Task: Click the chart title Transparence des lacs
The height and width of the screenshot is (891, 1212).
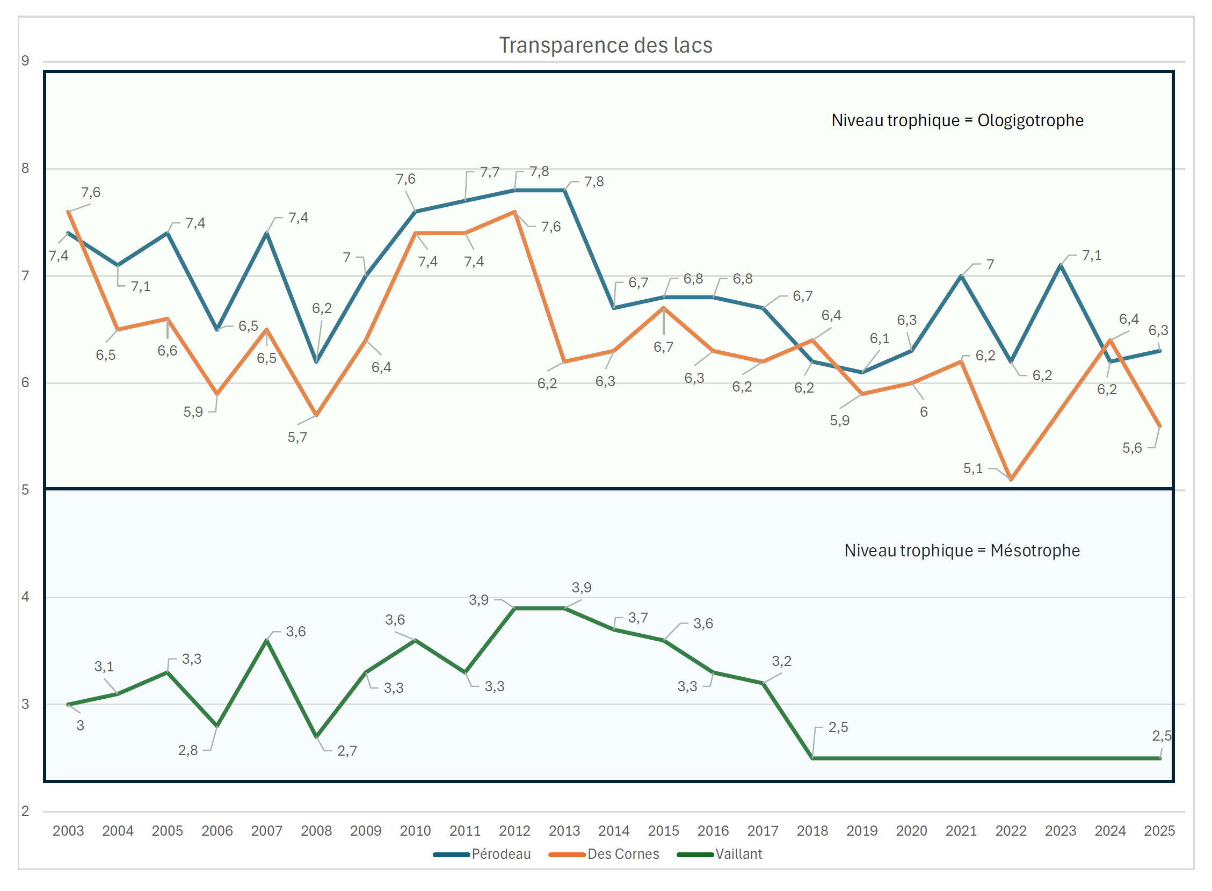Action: pyautogui.click(x=605, y=45)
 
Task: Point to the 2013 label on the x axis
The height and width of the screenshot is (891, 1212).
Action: pyautogui.click(x=564, y=831)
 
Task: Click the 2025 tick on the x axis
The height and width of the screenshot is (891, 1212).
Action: pyautogui.click(x=1159, y=831)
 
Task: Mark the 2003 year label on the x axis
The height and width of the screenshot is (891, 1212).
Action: pyautogui.click(x=68, y=831)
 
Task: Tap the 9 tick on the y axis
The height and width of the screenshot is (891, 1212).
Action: pyautogui.click(x=25, y=61)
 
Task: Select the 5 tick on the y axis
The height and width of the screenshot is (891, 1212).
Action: pyautogui.click(x=25, y=490)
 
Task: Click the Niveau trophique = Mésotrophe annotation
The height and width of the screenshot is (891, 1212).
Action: pyautogui.click(x=962, y=550)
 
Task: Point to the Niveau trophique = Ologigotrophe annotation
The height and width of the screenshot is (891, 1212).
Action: pyautogui.click(x=957, y=120)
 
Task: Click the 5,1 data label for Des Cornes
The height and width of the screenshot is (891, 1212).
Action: pyautogui.click(x=972, y=468)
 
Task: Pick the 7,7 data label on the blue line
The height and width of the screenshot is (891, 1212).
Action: pyautogui.click(x=490, y=172)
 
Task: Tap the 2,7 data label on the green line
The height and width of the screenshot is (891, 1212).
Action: pyautogui.click(x=347, y=751)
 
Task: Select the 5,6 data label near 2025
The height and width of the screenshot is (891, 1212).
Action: pyautogui.click(x=1131, y=448)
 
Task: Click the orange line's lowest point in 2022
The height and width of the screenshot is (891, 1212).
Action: pyautogui.click(x=1011, y=479)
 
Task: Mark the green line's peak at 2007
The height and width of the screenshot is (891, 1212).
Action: pyautogui.click(x=267, y=640)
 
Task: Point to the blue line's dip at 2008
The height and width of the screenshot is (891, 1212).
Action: pyautogui.click(x=316, y=361)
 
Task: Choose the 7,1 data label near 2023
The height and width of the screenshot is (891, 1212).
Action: pyautogui.click(x=1092, y=255)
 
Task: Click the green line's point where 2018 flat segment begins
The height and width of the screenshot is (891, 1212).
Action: pyautogui.click(x=812, y=758)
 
